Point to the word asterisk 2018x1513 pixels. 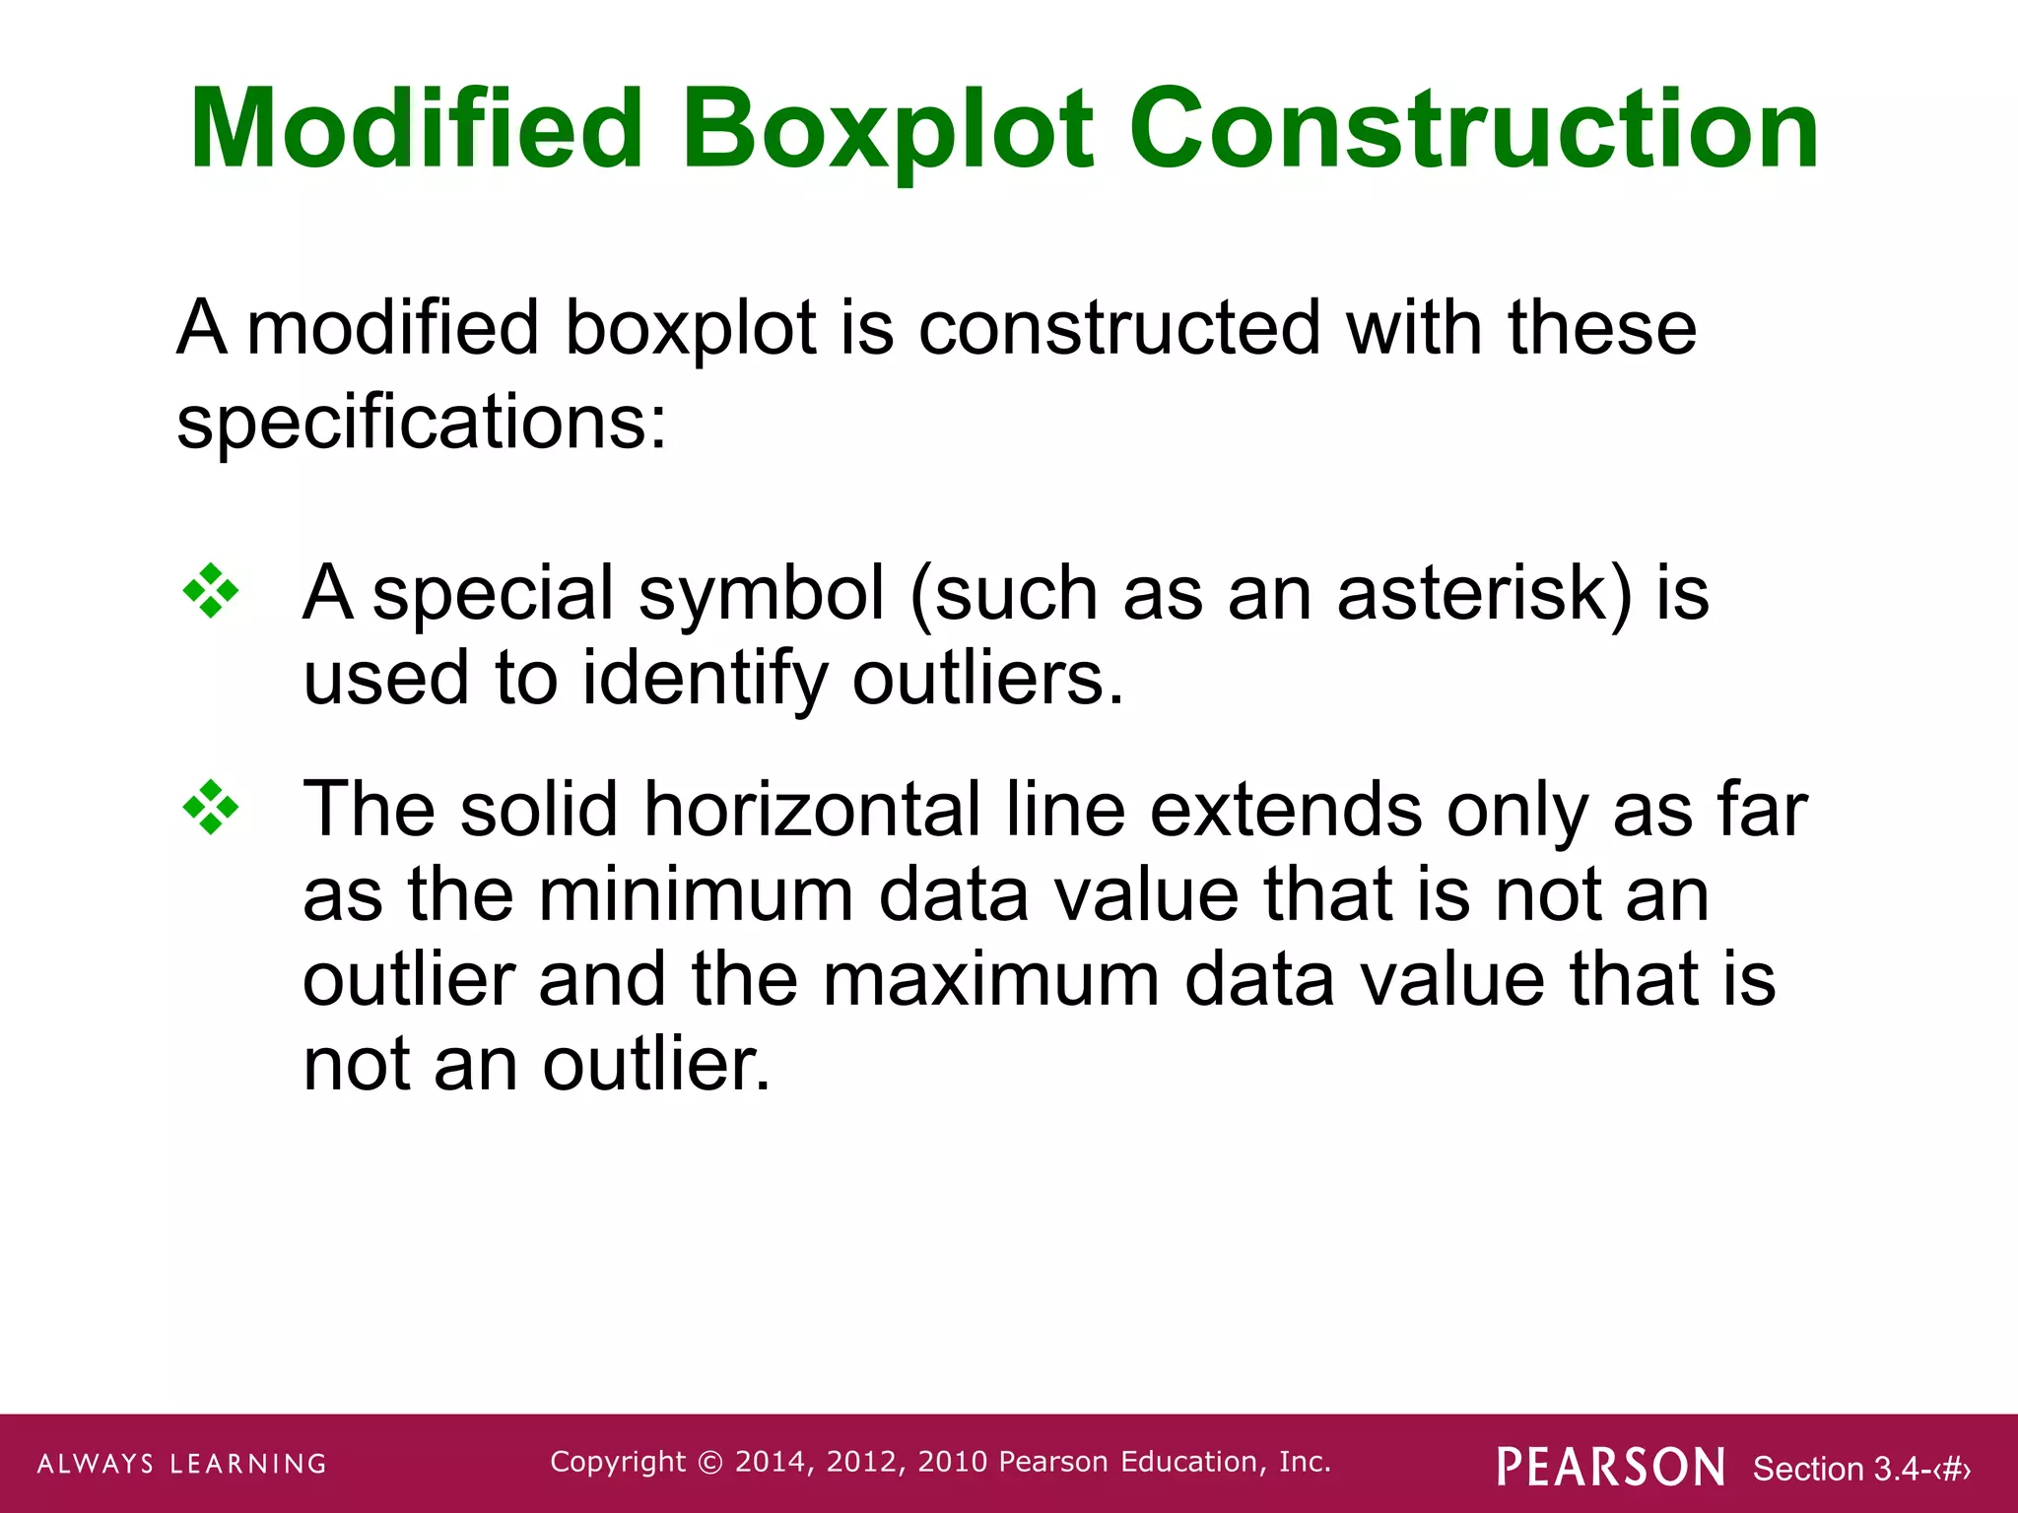pyautogui.click(x=1484, y=593)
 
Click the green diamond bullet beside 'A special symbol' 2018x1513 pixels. pyautogui.click(x=211, y=591)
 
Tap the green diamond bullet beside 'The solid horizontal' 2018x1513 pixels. pyautogui.click(x=211, y=808)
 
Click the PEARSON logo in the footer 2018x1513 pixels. pyautogui.click(x=1610, y=1467)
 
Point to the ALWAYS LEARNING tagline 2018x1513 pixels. pyautogui.click(x=182, y=1464)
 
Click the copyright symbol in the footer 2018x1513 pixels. pyautogui.click(x=709, y=1463)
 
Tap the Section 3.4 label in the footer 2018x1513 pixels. pyautogui.click(x=1860, y=1469)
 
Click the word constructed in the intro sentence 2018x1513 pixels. pyautogui.click(x=1119, y=328)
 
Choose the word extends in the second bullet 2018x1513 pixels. pyautogui.click(x=1285, y=810)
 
